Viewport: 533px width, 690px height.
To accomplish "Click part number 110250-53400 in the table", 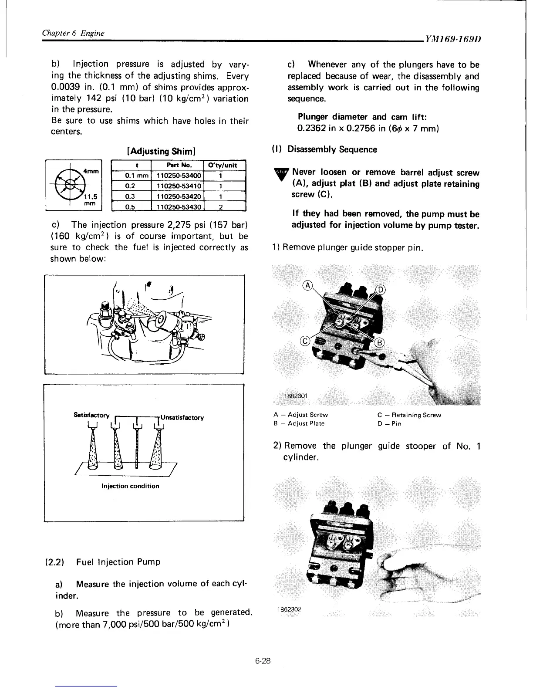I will pyautogui.click(x=177, y=176).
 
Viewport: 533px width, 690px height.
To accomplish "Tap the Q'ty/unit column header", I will pyautogui.click(x=224, y=166).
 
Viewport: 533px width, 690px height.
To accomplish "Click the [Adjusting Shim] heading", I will pyautogui.click(x=160, y=151).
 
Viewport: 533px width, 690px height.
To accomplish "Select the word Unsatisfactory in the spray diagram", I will pyautogui.click(x=182, y=417).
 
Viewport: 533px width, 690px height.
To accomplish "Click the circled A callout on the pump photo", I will pyautogui.click(x=307, y=286).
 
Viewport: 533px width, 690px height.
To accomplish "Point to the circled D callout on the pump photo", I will pyautogui.click(x=380, y=290).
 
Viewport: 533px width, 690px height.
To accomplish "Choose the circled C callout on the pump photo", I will pyautogui.click(x=305, y=341).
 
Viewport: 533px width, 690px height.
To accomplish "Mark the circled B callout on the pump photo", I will pyautogui.click(x=379, y=342).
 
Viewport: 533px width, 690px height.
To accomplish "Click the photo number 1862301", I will pyautogui.click(x=295, y=396).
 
